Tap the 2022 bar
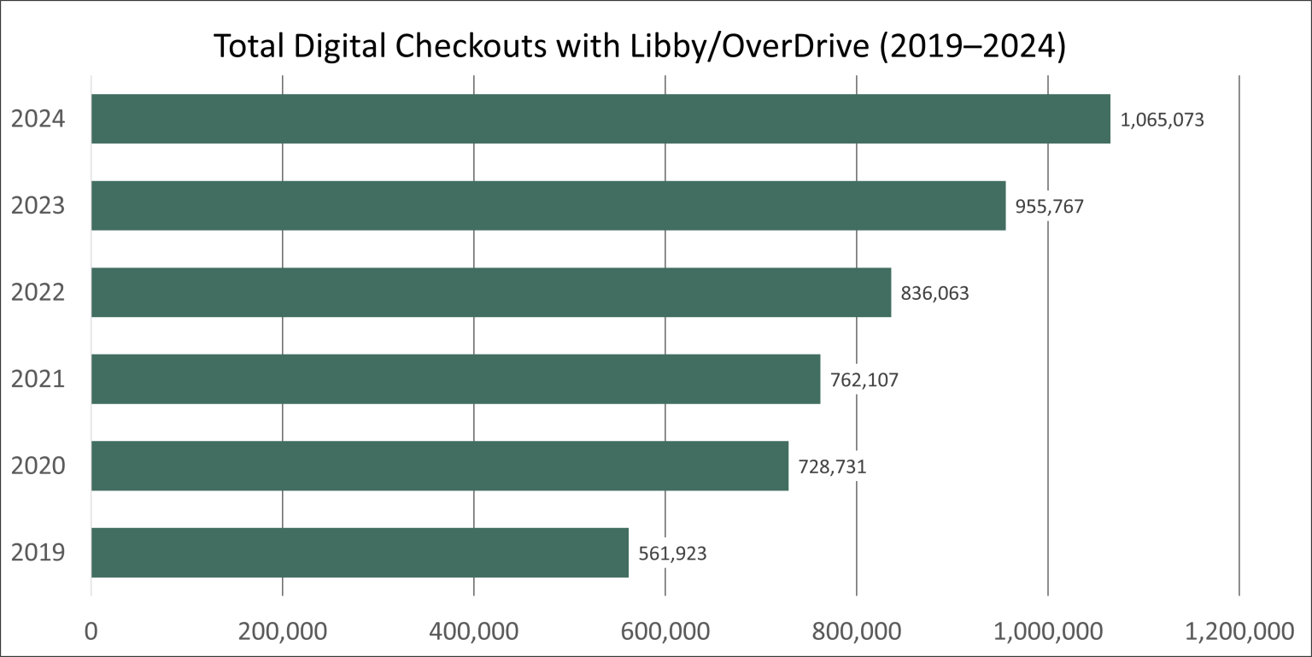pos(491,292)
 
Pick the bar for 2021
pos(455,379)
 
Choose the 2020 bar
pos(440,466)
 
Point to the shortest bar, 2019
pos(360,553)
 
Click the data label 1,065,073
pos(1162,120)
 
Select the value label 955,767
pos(1049,207)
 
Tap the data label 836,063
pos(934,294)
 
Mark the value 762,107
pos(864,380)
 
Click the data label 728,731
pos(832,467)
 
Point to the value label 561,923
pos(672,554)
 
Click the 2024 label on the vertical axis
pos(38,119)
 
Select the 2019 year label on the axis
pos(38,553)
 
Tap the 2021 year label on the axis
pos(38,379)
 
